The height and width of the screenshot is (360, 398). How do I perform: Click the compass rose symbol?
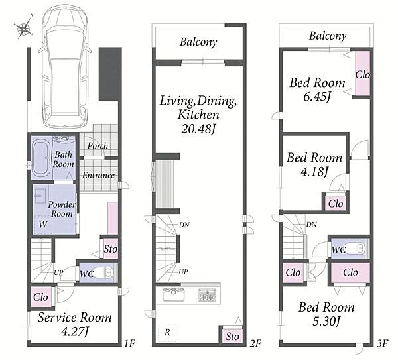[x=24, y=27]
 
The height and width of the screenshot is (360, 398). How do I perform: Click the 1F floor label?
[x=129, y=343]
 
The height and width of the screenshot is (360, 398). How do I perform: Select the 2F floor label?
[x=255, y=343]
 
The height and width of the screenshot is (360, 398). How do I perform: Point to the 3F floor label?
[x=382, y=343]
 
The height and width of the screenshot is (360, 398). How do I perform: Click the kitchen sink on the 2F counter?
[x=173, y=294]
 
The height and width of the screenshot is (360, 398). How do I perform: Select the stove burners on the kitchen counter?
[x=207, y=295]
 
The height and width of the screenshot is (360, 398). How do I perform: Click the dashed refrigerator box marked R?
[x=167, y=332]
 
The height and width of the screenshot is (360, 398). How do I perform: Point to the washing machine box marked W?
[x=43, y=225]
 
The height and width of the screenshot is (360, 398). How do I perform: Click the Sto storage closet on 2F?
[x=232, y=336]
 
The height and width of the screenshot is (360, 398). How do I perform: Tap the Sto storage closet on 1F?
[x=110, y=249]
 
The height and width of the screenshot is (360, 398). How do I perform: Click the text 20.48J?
[x=198, y=129]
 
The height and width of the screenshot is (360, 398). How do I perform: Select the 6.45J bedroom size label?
[x=317, y=96]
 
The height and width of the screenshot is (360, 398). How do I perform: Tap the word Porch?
[x=98, y=146]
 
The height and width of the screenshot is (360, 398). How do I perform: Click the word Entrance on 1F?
[x=98, y=175]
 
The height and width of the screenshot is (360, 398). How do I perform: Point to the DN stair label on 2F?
[x=184, y=225]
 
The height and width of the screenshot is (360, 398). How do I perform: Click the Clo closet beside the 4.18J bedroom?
[x=335, y=204]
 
